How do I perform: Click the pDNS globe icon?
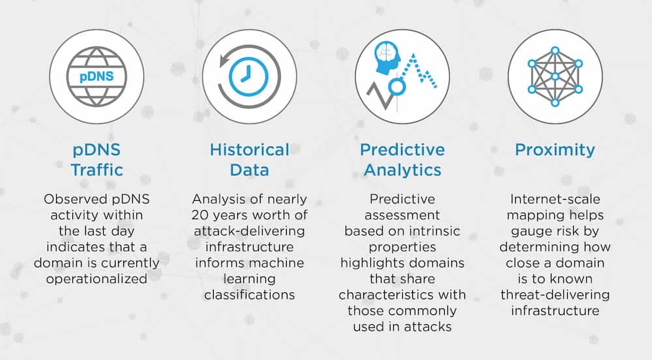pyautogui.click(x=96, y=76)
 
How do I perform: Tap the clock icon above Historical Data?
pyautogui.click(x=249, y=76)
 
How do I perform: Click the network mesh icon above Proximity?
pyautogui.click(x=555, y=76)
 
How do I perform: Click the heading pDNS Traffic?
pyautogui.click(x=96, y=160)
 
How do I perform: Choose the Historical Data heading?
pyautogui.click(x=249, y=160)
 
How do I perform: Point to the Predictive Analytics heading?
pyautogui.click(x=402, y=160)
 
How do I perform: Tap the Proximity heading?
pyautogui.click(x=555, y=150)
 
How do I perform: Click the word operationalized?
pyautogui.click(x=96, y=278)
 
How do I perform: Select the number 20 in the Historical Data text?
pyautogui.click(x=200, y=215)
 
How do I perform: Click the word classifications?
pyautogui.click(x=249, y=294)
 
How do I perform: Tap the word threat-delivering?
pyautogui.click(x=555, y=294)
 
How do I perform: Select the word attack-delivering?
pyautogui.click(x=249, y=231)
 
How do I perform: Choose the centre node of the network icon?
pyautogui.click(x=555, y=76)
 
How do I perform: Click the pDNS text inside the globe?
pyautogui.click(x=96, y=76)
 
